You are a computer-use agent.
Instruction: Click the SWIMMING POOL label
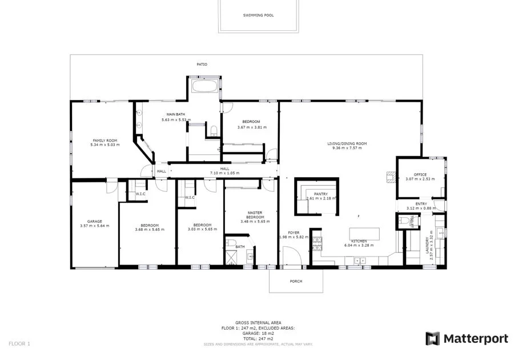pyautogui.click(x=258, y=15)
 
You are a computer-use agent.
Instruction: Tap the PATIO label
pyautogui.click(x=202, y=65)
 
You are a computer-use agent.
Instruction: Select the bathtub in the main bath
pyautogui.click(x=204, y=87)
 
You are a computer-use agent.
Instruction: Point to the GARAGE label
pyautogui.click(x=94, y=221)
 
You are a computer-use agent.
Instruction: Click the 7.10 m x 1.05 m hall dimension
pyautogui.click(x=224, y=173)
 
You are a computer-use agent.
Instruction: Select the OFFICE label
pyautogui.click(x=420, y=175)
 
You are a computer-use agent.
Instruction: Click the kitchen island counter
pyautogui.click(x=363, y=233)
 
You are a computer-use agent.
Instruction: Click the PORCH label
pyautogui.click(x=296, y=281)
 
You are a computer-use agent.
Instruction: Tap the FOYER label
pyautogui.click(x=294, y=233)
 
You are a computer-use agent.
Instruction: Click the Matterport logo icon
pyautogui.click(x=433, y=338)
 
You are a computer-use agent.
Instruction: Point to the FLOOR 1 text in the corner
pyautogui.click(x=19, y=343)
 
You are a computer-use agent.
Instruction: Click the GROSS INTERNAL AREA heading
pyautogui.click(x=258, y=323)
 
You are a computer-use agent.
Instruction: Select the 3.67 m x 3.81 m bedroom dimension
pyautogui.click(x=251, y=127)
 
